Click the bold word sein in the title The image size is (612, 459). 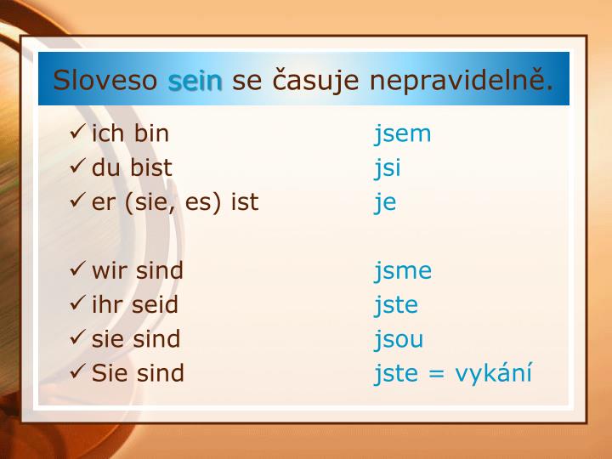[x=195, y=81]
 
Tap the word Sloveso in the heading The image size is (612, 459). [x=106, y=81]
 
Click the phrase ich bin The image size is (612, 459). [x=130, y=133]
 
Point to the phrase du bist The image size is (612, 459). [x=132, y=167]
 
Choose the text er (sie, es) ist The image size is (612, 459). [x=175, y=202]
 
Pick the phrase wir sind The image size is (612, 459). [x=138, y=270]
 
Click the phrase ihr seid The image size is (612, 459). [x=135, y=304]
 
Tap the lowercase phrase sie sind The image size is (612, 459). [x=136, y=338]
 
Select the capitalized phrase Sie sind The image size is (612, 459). [x=138, y=372]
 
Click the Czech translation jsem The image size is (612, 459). [x=403, y=134]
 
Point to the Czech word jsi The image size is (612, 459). [x=388, y=168]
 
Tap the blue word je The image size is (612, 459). [x=385, y=203]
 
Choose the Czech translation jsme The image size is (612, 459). [x=403, y=271]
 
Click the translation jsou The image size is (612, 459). [x=399, y=339]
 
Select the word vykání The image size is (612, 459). [x=493, y=373]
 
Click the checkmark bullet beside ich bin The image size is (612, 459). [x=78, y=133]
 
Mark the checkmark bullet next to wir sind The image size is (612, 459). [x=78, y=270]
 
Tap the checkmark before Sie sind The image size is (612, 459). [x=78, y=372]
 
